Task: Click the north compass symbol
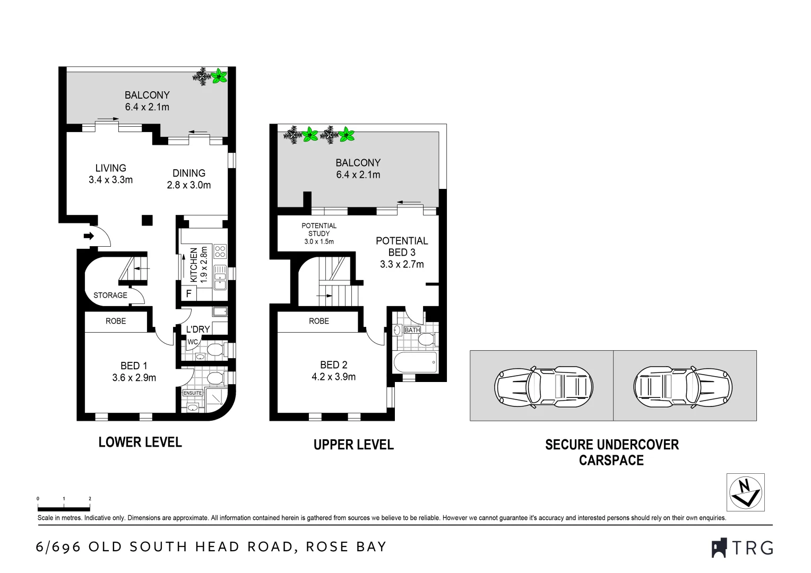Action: [745, 492]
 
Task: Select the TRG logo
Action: [742, 548]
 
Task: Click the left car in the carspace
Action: [543, 386]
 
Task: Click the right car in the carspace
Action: [683, 386]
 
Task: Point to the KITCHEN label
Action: [194, 265]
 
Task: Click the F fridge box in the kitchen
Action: [189, 293]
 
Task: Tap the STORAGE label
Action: [110, 296]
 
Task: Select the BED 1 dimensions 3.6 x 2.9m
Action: [134, 378]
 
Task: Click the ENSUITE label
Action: [192, 393]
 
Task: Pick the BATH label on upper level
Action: [412, 330]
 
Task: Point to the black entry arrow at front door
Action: [88, 236]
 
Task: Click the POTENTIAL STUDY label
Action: [319, 230]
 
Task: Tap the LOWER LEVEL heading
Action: [140, 442]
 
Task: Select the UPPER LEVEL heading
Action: [353, 445]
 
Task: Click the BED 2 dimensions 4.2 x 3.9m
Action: [334, 377]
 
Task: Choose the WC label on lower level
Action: [192, 342]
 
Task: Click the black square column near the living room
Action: [148, 220]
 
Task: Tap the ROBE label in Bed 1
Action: [116, 321]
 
